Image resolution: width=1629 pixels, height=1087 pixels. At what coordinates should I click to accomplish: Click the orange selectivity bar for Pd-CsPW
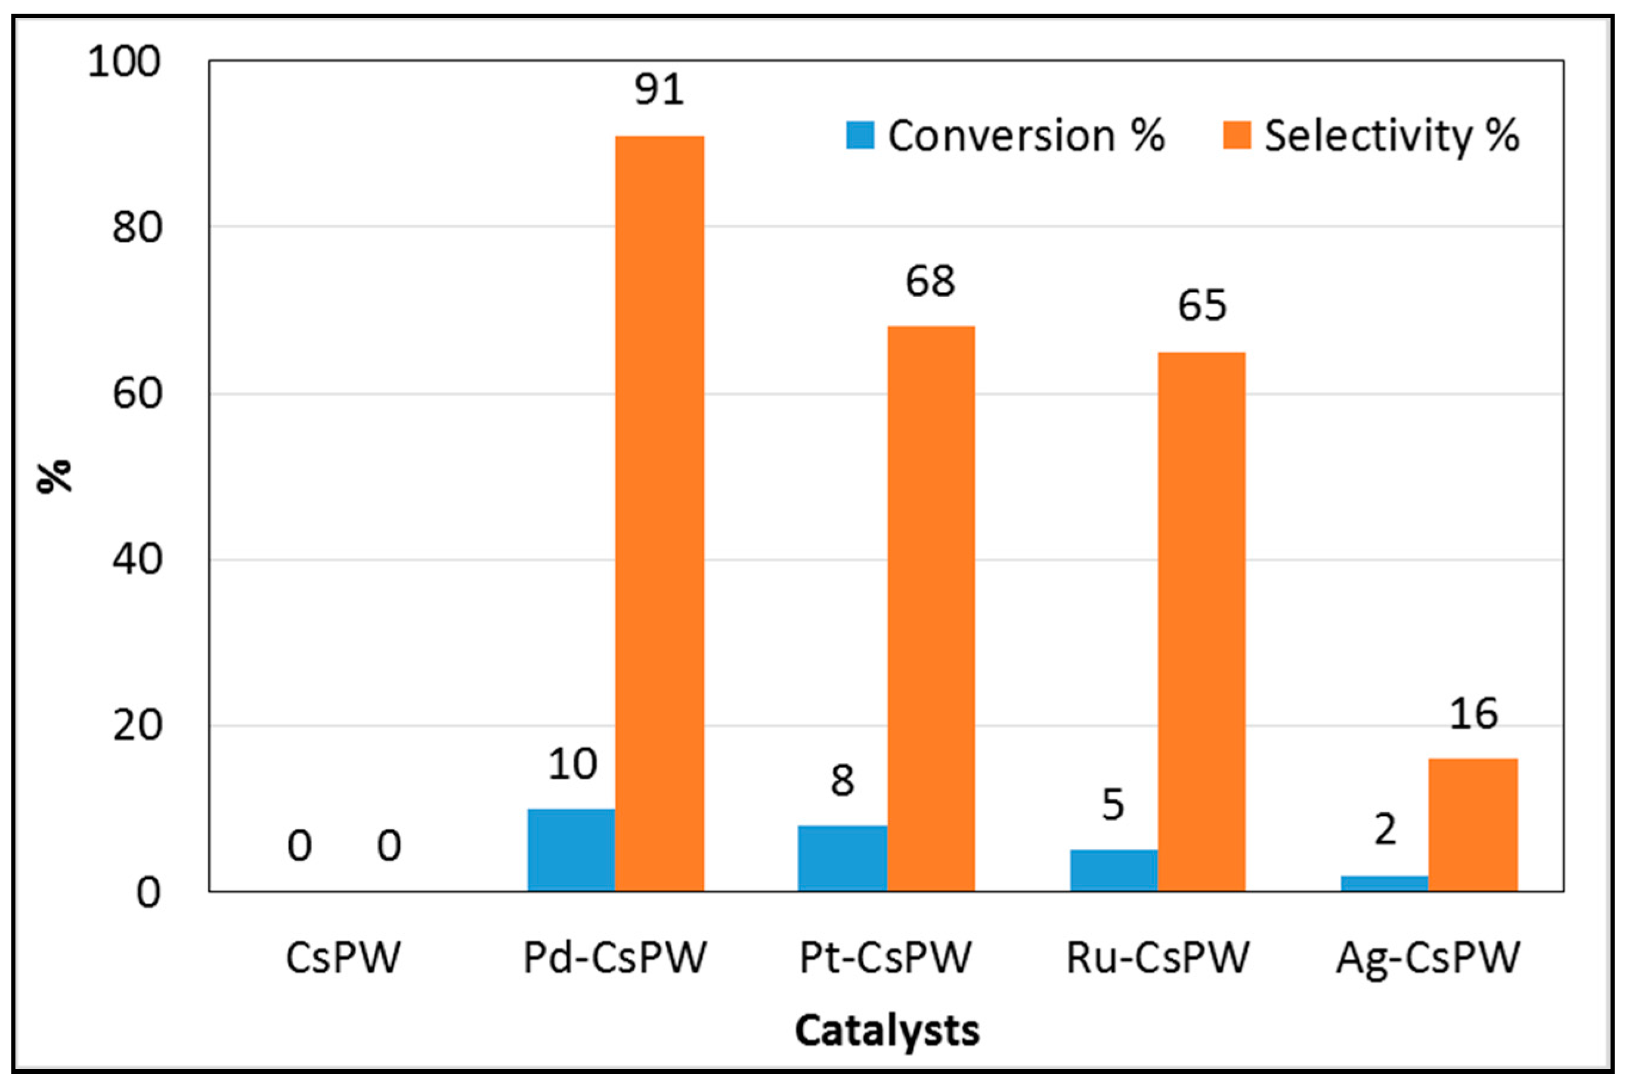pos(659,514)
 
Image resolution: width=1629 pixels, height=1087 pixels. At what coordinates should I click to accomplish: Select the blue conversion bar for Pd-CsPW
pos(571,850)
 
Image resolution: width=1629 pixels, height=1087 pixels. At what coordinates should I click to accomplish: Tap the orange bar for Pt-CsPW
pos(931,608)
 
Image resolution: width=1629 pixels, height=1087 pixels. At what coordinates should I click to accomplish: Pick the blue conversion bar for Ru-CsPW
pos(1113,870)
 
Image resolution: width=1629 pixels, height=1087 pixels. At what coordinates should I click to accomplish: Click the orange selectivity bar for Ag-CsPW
pos(1473,825)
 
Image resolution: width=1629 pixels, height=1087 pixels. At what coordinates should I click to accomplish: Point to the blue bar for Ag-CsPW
pos(1384,883)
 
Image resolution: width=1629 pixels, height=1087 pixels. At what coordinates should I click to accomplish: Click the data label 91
pos(659,89)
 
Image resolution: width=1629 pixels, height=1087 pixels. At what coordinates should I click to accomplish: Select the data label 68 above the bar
pos(930,281)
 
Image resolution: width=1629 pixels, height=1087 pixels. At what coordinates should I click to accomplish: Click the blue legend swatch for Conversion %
pos(860,135)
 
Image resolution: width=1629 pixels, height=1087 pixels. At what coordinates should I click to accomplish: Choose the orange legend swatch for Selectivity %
pos(1237,135)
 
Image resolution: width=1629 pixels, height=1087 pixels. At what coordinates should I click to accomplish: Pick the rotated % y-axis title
pos(54,476)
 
